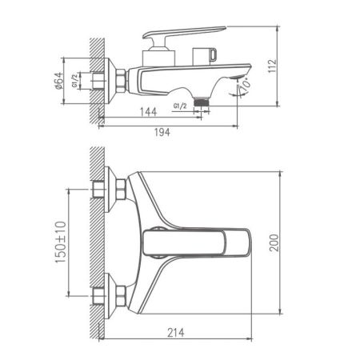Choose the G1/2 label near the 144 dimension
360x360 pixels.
click(182, 106)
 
